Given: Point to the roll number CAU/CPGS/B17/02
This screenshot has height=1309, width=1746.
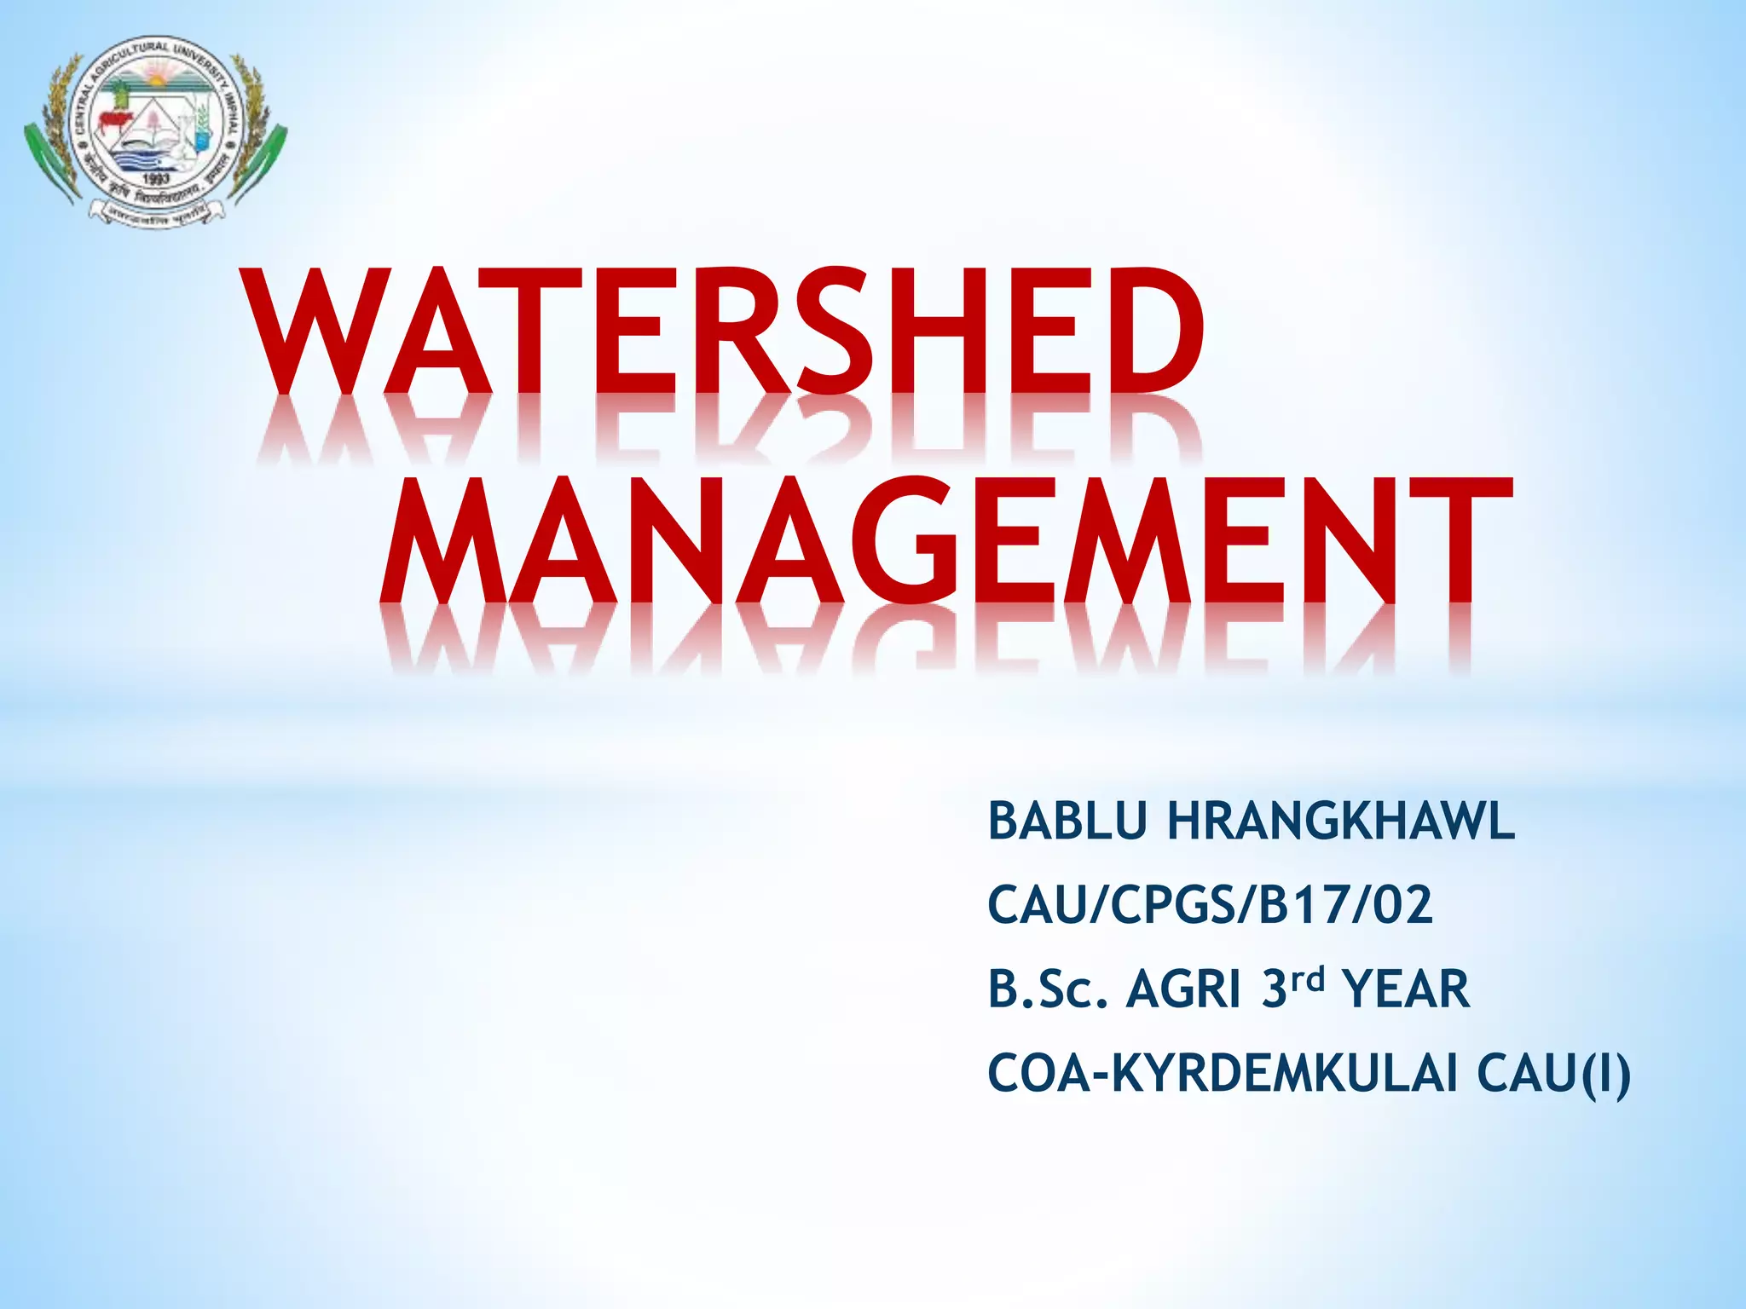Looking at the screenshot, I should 1210,905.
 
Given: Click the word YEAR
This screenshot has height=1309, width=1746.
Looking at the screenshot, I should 1406,989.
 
